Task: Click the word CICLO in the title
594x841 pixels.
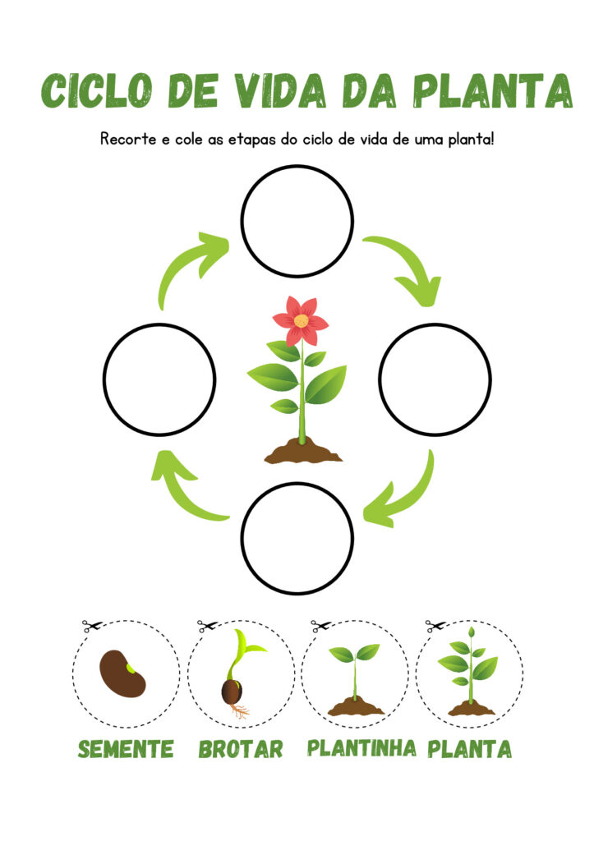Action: tap(97, 90)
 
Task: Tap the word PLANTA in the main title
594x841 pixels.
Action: tap(493, 90)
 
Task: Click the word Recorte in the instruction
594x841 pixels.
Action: tap(128, 140)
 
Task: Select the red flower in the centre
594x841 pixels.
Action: tap(300, 321)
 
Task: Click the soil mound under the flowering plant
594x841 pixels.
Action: tap(303, 451)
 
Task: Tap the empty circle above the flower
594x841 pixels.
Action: tap(297, 221)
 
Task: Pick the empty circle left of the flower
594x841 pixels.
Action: tap(159, 379)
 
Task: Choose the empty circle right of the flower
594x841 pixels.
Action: tap(435, 379)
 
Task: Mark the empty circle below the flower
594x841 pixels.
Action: tap(297, 538)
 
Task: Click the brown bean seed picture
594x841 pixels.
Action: tap(122, 673)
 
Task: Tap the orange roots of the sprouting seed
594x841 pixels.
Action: tap(240, 711)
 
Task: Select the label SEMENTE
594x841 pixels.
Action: tap(126, 749)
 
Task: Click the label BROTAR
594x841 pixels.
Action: tap(241, 749)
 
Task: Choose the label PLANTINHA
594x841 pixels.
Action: tap(361, 747)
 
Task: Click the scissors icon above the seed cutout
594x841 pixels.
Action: tap(92, 625)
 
